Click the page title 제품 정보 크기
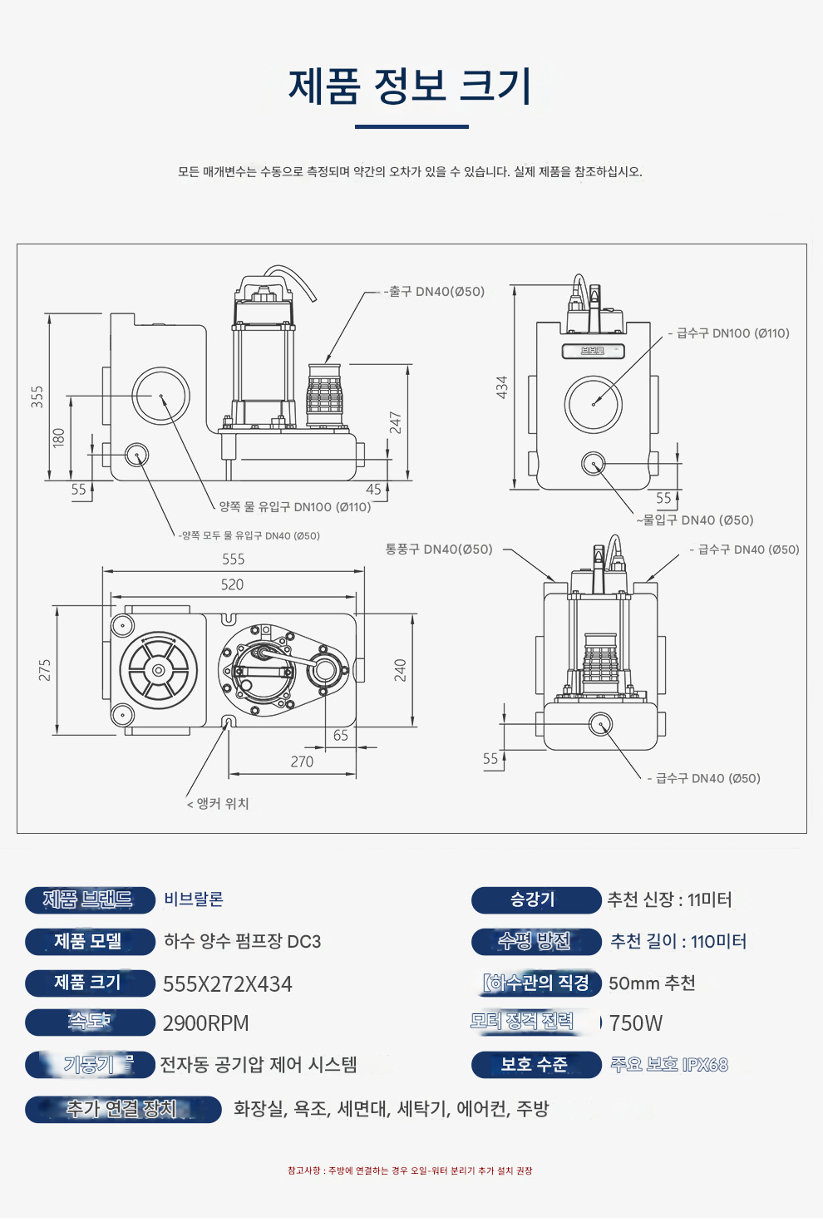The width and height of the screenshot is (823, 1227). [411, 86]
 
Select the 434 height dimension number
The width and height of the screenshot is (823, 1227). [502, 387]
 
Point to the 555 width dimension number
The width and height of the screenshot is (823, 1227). [234, 559]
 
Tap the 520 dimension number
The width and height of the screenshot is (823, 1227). [232, 584]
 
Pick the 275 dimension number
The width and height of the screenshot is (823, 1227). [45, 670]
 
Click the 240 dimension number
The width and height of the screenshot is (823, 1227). [400, 670]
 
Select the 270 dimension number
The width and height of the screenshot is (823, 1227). [302, 761]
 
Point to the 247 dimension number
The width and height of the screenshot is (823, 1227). [396, 422]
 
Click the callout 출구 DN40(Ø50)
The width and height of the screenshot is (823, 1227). [437, 292]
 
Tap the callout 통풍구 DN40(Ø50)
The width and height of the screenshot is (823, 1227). [439, 549]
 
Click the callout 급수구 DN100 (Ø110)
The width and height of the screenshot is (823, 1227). [732, 333]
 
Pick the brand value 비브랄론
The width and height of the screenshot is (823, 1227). [194, 899]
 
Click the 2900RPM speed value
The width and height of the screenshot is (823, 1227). [206, 1023]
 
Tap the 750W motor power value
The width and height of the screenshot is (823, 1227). [636, 1023]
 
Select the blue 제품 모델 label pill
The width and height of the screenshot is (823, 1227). [90, 941]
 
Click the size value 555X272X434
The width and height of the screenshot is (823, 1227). [228, 984]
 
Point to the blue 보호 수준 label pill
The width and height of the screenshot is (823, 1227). [535, 1065]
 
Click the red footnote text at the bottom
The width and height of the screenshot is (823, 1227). [410, 1170]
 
